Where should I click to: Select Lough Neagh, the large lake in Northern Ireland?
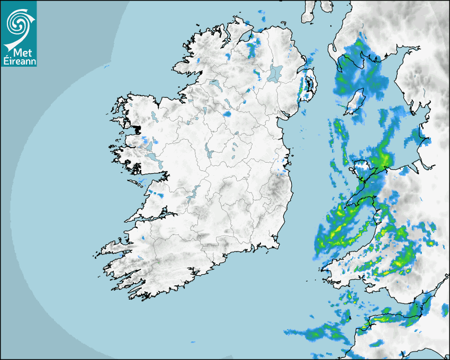275,73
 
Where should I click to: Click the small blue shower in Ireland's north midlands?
228,113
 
